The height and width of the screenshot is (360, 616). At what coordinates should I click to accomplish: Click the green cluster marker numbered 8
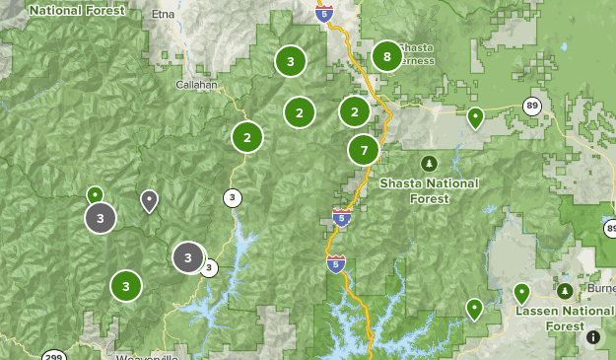click(x=386, y=57)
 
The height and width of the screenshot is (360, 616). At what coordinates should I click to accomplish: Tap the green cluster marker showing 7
click(x=364, y=151)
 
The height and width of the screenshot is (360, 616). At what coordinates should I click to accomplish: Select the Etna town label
click(x=164, y=15)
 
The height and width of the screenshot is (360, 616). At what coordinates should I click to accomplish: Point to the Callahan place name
click(x=196, y=85)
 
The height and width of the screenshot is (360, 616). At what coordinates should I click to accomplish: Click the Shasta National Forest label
click(x=429, y=190)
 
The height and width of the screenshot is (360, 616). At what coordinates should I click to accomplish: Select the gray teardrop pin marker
click(x=149, y=200)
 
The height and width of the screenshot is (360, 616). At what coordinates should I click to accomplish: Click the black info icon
click(x=593, y=337)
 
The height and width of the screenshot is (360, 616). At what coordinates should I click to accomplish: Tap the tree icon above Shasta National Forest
click(x=429, y=162)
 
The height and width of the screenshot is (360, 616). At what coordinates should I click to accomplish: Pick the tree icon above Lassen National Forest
click(x=565, y=291)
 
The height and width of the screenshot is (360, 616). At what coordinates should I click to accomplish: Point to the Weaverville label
click(x=147, y=356)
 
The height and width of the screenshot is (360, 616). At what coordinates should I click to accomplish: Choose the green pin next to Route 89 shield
click(x=475, y=118)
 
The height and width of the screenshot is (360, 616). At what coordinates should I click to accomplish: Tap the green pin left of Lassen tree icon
click(x=521, y=292)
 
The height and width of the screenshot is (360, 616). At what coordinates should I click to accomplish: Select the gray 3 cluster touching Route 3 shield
click(x=188, y=257)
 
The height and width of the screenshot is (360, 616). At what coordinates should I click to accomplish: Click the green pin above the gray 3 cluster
click(x=95, y=194)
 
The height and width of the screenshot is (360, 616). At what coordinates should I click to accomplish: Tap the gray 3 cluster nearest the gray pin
click(x=100, y=217)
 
